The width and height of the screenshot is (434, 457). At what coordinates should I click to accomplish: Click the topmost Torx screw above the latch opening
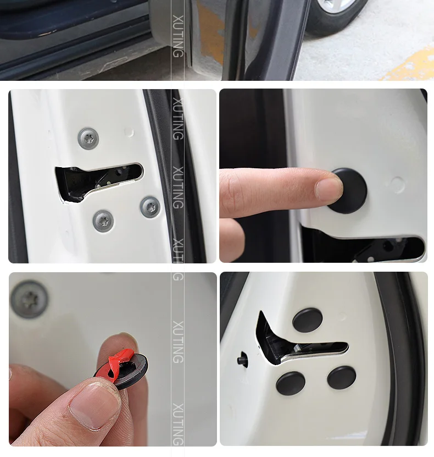[x=88, y=139]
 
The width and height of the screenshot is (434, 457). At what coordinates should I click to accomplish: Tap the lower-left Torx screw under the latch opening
[x=103, y=221]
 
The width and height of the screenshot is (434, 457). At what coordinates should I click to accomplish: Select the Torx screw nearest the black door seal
[x=150, y=207]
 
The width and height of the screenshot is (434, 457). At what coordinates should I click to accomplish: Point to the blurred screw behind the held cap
[x=29, y=299]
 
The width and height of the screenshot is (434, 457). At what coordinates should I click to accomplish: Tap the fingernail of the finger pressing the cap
[x=329, y=189]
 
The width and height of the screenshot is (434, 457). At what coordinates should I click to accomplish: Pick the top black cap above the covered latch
[x=308, y=320]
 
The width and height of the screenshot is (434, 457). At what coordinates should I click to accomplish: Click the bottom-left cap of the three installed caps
[x=291, y=383]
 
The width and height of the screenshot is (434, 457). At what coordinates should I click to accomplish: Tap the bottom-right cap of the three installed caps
[x=342, y=378]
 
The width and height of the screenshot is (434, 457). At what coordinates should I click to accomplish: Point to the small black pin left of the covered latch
[x=242, y=360]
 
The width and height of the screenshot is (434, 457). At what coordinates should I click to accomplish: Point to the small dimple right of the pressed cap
[x=397, y=184]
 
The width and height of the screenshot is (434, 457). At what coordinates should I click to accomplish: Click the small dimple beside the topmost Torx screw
[x=129, y=132]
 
